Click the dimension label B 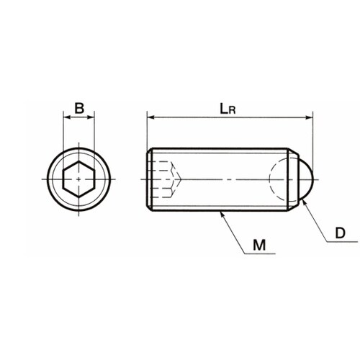pos(79,108)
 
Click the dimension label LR pos(228,109)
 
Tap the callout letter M pos(259,245)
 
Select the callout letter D pos(340,233)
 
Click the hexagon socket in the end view pos(79,179)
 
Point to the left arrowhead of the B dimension pos(66,117)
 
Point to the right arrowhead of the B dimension pos(91,117)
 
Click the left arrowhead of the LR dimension pos(150,117)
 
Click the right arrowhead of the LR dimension pos(310,117)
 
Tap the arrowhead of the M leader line pos(222,214)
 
